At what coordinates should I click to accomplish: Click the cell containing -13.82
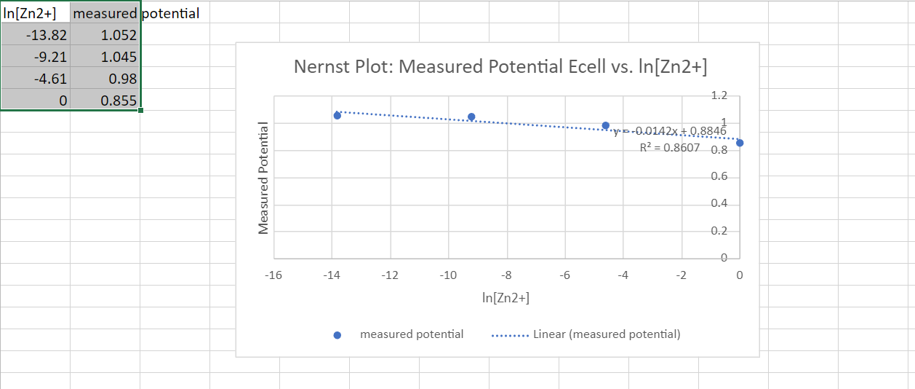36,35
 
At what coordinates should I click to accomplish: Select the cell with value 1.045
105,56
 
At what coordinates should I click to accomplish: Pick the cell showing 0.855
105,101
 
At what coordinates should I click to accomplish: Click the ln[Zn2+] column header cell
36,13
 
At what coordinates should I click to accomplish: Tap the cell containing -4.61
36,79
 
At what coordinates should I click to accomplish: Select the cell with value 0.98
105,79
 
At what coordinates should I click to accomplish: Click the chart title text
500,67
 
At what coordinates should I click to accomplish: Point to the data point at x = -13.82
337,115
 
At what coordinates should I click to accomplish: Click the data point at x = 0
740,143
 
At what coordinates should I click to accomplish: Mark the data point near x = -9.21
471,117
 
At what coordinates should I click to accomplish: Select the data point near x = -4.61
605,125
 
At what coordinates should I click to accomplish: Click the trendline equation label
669,132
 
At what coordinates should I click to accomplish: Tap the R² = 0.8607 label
669,148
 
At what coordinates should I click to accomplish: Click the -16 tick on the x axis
273,275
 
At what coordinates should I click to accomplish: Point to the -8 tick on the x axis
507,275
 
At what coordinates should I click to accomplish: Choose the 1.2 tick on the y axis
719,95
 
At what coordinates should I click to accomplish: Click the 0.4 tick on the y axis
719,203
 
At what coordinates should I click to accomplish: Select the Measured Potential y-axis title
263,178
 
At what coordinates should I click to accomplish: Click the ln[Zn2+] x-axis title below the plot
506,298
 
